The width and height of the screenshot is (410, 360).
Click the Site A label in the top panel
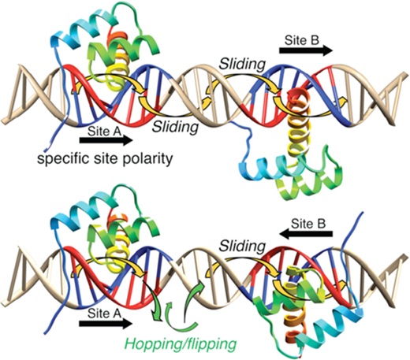tap(104, 131)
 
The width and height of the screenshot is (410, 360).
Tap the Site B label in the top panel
tap(302, 40)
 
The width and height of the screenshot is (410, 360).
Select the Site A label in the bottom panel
tap(104, 314)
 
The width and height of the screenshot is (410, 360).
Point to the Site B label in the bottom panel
tap(308, 224)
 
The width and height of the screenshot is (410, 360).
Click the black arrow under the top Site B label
tap(306, 50)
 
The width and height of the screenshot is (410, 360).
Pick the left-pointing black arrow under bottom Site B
tap(306, 234)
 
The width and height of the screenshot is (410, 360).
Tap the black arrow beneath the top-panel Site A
tap(106, 140)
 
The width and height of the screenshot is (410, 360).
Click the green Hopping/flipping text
tap(181, 343)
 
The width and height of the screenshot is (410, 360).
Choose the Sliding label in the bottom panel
tap(242, 246)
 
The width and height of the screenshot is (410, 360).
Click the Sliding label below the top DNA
tap(176, 127)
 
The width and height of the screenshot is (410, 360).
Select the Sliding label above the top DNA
tap(242, 64)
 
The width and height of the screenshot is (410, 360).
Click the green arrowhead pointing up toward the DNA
tap(199, 286)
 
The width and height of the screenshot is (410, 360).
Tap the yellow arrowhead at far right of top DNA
tap(342, 102)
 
